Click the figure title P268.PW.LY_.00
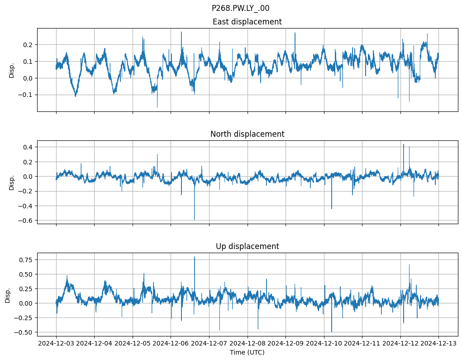point(240,8)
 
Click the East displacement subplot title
point(247,22)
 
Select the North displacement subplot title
point(247,134)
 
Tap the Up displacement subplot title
point(247,246)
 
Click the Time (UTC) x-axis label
point(247,352)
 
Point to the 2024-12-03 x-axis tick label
point(56,343)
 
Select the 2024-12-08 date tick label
point(248,343)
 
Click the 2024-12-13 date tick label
point(438,343)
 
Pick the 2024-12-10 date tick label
point(324,343)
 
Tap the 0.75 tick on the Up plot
point(25,259)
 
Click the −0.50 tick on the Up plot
point(24,332)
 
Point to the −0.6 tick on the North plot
point(26,221)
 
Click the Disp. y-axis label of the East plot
point(12,70)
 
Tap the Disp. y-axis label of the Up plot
point(8,295)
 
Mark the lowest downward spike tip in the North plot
point(195,220)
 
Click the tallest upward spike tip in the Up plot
point(195,257)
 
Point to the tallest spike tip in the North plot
point(404,144)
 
